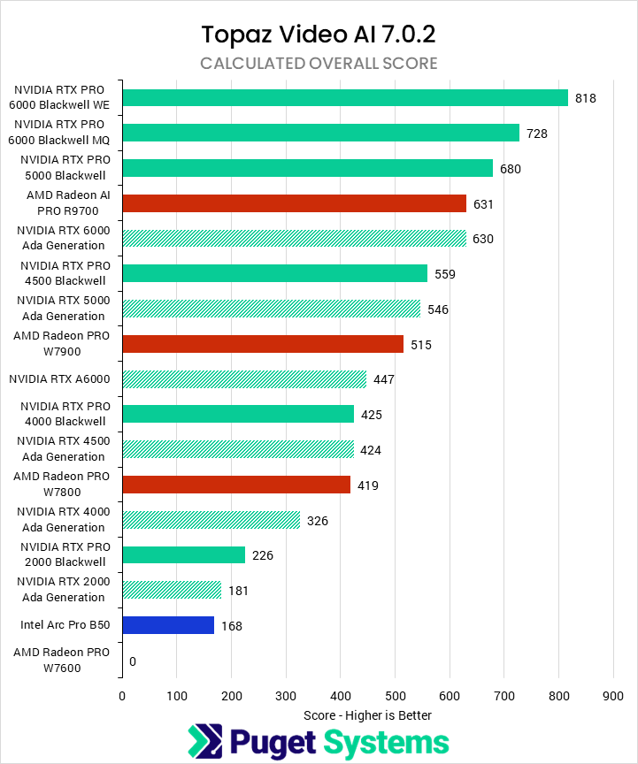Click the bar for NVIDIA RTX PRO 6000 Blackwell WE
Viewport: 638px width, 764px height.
coord(345,97)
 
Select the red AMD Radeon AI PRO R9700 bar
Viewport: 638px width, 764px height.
coord(295,203)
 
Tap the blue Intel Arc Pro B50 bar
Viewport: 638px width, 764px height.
coord(168,625)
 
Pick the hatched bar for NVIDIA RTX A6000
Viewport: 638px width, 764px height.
coord(244,379)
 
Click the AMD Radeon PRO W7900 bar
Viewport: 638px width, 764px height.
coord(263,344)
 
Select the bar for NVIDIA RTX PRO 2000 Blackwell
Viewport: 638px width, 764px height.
coord(184,555)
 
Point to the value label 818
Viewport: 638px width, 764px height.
coord(586,98)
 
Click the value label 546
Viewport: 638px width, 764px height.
coord(439,309)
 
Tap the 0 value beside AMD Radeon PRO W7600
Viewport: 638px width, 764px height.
coord(133,661)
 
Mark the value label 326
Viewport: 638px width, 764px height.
coord(318,521)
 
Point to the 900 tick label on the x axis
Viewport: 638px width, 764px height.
coord(613,696)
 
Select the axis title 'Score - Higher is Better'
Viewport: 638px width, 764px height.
coord(367,714)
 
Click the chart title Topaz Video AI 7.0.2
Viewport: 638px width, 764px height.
coord(319,34)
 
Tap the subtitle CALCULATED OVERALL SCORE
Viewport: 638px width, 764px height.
coord(319,63)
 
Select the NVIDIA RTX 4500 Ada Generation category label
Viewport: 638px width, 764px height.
coord(61,449)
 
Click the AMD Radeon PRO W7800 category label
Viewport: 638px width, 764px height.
coord(61,485)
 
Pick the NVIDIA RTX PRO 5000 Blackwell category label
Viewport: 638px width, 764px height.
coord(63,168)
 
